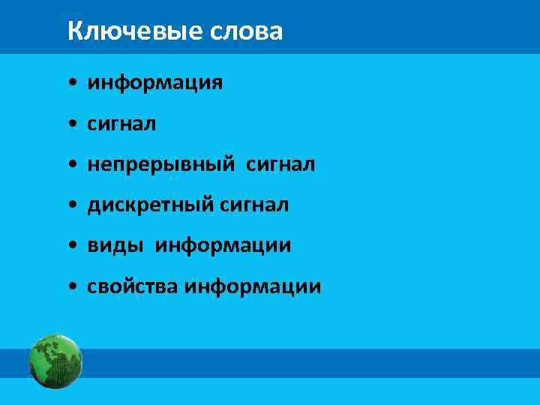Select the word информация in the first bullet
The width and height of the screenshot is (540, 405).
(154, 82)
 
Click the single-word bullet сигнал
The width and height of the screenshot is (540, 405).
(121, 123)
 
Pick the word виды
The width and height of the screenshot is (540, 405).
(116, 245)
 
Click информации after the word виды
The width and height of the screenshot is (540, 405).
(223, 245)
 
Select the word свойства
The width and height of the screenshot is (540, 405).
(133, 286)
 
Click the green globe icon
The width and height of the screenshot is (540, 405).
(55, 361)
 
